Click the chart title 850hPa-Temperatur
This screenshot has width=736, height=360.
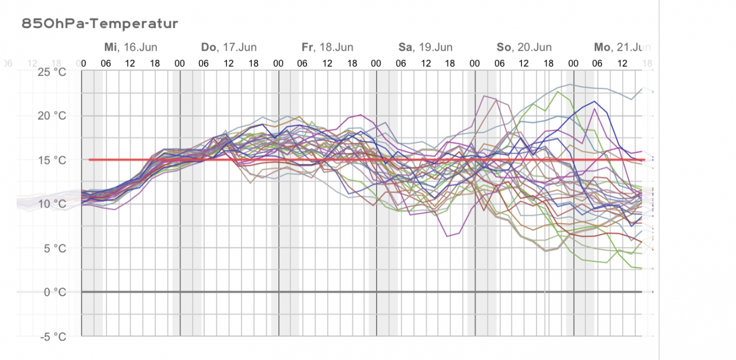[99, 24]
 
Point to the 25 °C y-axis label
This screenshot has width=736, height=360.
[52, 72]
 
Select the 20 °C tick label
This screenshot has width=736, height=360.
[52, 116]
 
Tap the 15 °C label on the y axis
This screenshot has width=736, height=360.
[52, 160]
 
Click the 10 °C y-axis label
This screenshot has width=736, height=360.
[52, 204]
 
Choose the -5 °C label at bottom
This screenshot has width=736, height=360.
[52, 336]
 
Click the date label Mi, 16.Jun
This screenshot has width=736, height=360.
[131, 47]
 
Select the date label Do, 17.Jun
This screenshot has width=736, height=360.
[229, 47]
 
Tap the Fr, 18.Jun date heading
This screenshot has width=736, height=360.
[327, 47]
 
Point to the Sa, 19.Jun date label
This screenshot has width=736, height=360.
[425, 47]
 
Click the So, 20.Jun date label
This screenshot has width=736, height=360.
[524, 47]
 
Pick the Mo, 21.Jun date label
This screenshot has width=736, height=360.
[622, 47]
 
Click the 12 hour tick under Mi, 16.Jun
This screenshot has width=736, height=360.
[131, 63]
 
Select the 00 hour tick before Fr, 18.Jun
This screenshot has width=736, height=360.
[278, 63]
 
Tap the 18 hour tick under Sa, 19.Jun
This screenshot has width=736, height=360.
[450, 63]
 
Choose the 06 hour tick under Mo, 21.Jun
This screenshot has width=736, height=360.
[597, 63]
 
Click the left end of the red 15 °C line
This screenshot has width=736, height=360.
[90, 159]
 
